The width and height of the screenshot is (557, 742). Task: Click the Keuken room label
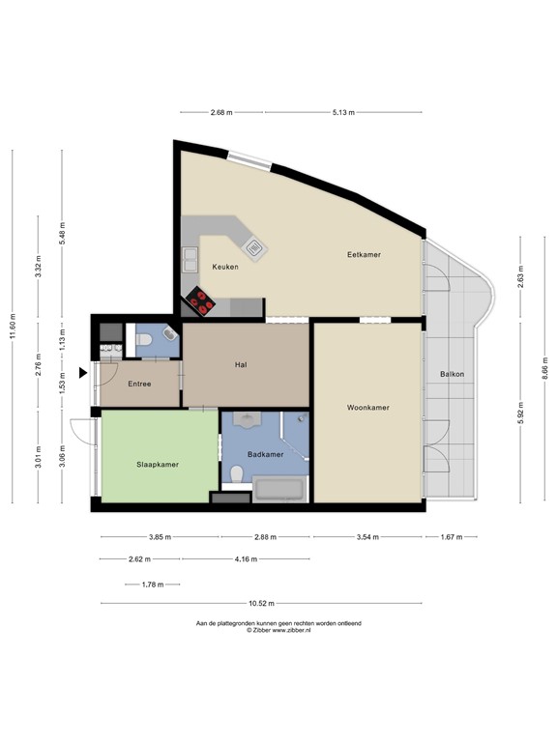point(225,267)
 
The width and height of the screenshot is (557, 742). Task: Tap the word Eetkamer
point(364,255)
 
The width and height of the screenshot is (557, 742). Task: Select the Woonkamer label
point(368,408)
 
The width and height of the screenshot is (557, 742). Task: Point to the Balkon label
point(452,374)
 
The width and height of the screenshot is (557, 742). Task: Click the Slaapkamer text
point(158,465)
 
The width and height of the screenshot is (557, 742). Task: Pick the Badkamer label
point(266,454)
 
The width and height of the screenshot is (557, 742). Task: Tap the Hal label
point(241,365)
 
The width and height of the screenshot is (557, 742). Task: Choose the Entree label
point(139,384)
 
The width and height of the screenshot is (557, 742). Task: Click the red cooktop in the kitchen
point(201,301)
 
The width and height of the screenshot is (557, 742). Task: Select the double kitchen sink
point(191,260)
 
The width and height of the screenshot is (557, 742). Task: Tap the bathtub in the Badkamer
point(278,489)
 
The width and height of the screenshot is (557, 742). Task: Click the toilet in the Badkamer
point(236,473)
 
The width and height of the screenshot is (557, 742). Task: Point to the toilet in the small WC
point(143,339)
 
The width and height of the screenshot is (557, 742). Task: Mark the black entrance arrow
point(83,373)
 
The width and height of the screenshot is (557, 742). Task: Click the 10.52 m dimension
point(261,603)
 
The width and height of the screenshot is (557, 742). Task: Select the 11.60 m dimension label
point(13,326)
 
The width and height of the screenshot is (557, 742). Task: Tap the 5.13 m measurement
point(343,113)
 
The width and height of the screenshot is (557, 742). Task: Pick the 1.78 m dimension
point(153,585)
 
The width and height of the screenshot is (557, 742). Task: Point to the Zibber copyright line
point(278,630)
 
